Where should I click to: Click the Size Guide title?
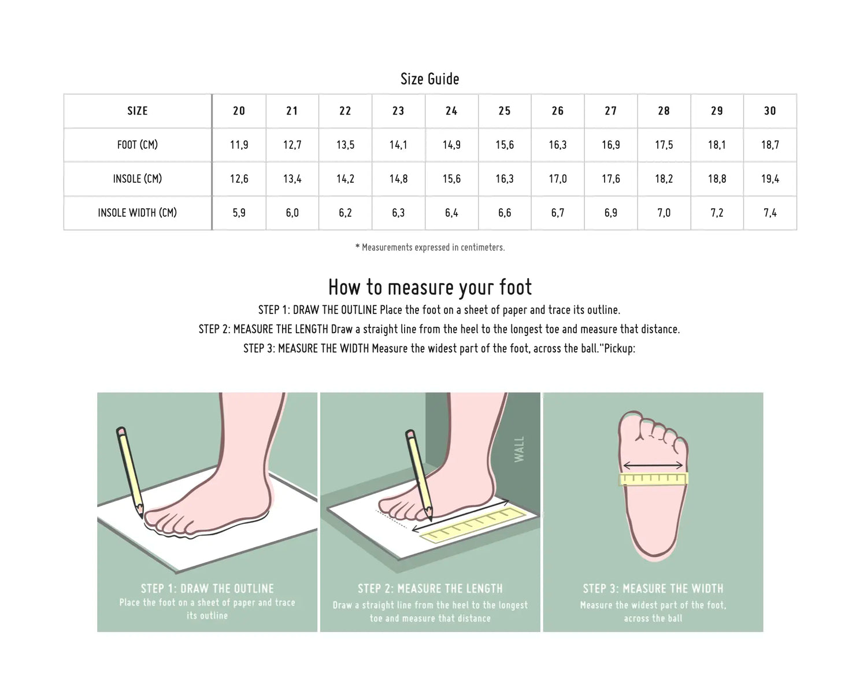tap(429, 79)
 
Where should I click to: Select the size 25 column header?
tap(505, 111)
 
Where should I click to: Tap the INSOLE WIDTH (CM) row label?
tap(138, 213)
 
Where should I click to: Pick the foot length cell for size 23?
tap(398, 145)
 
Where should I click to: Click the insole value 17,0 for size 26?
tap(558, 179)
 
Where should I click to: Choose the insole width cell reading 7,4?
tap(770, 213)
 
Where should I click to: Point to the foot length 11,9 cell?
tap(239, 145)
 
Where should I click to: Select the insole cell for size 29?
tap(717, 179)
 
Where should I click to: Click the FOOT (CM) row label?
tap(138, 145)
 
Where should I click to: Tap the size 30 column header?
tap(770, 111)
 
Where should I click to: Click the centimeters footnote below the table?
tap(430, 247)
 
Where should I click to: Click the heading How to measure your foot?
tap(430, 287)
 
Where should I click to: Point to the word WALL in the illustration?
tap(519, 449)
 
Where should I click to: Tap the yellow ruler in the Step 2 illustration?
tap(473, 525)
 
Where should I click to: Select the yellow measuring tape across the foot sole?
tap(653, 479)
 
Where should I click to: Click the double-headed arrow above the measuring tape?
tap(653, 466)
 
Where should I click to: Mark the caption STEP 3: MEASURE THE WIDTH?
tap(653, 589)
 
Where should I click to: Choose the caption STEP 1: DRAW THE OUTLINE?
tap(207, 589)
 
